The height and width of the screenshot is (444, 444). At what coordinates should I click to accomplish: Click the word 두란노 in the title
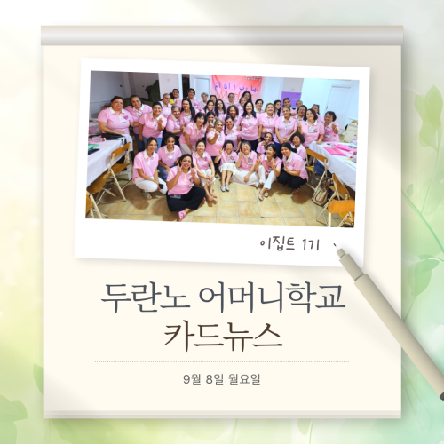pyautogui.click(x=145, y=298)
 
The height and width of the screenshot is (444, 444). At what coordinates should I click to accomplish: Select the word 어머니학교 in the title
pyautogui.click(x=273, y=298)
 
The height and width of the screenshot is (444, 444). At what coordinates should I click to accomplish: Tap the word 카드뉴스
pyautogui.click(x=223, y=337)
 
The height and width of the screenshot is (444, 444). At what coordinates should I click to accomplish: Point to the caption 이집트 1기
pyautogui.click(x=289, y=245)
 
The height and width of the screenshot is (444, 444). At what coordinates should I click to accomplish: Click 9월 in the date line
pyautogui.click(x=191, y=379)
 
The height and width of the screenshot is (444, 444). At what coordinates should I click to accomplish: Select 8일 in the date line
pyautogui.click(x=214, y=379)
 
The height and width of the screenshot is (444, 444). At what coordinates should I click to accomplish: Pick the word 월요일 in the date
pyautogui.click(x=244, y=379)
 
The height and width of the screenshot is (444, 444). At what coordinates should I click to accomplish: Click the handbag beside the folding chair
pyautogui.click(x=321, y=194)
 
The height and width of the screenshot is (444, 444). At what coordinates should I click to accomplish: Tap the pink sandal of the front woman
pyautogui.click(x=182, y=215)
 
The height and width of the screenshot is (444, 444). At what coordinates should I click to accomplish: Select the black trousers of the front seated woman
pyautogui.click(x=186, y=199)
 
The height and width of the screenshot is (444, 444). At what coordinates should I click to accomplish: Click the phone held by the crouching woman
pyautogui.click(x=161, y=186)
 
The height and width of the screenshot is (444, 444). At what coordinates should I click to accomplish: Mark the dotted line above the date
pyautogui.click(x=222, y=361)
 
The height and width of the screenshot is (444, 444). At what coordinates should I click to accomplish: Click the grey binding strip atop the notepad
pyautogui.click(x=222, y=36)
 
